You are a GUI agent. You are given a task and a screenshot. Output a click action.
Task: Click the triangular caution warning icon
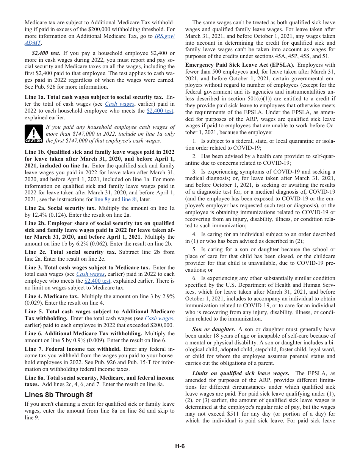coord(34,134)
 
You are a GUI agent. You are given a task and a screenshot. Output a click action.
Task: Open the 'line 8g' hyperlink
coord(102,199)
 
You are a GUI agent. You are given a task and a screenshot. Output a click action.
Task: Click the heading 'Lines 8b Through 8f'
coord(58,395)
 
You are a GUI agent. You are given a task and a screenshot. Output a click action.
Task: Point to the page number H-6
coord(180,446)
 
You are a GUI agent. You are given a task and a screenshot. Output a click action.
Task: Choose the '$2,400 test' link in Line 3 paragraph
coord(97,281)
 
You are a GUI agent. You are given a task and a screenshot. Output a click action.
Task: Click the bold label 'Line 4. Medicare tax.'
coord(52,296)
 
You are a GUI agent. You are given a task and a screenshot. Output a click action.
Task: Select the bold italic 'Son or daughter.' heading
coord(213,329)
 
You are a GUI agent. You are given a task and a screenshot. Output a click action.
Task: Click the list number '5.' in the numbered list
coord(194,249)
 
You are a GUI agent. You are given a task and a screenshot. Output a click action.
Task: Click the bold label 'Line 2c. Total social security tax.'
coord(70,252)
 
